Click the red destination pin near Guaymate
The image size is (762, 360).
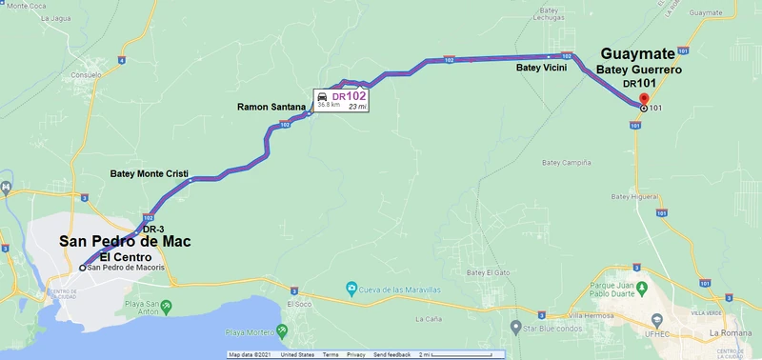643,99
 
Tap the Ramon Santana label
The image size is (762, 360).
271,108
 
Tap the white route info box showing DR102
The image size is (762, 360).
341,100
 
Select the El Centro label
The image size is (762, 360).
128,257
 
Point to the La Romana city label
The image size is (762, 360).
731,334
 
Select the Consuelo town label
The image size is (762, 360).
87,73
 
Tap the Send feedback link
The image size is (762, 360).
392,354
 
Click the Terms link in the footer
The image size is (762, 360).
331,354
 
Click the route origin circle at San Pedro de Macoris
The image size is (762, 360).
83,268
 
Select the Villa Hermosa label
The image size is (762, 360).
589,315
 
